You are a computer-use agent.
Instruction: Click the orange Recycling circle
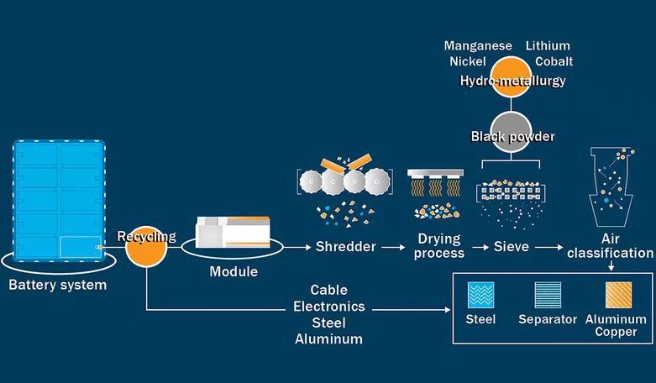point(147,248)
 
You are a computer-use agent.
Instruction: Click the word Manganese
point(477,45)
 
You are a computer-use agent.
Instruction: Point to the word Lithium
point(548,45)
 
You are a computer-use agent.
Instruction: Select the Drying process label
point(440,246)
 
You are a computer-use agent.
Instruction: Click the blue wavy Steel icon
point(480,295)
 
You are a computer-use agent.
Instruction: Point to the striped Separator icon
point(548,295)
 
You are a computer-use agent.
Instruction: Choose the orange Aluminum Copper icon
point(619,295)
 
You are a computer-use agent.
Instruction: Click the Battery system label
point(58,285)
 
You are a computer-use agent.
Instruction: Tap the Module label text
point(234,272)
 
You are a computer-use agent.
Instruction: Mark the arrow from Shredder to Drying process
point(391,248)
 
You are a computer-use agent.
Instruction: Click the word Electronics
point(328,307)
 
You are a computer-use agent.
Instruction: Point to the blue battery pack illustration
point(59,198)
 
